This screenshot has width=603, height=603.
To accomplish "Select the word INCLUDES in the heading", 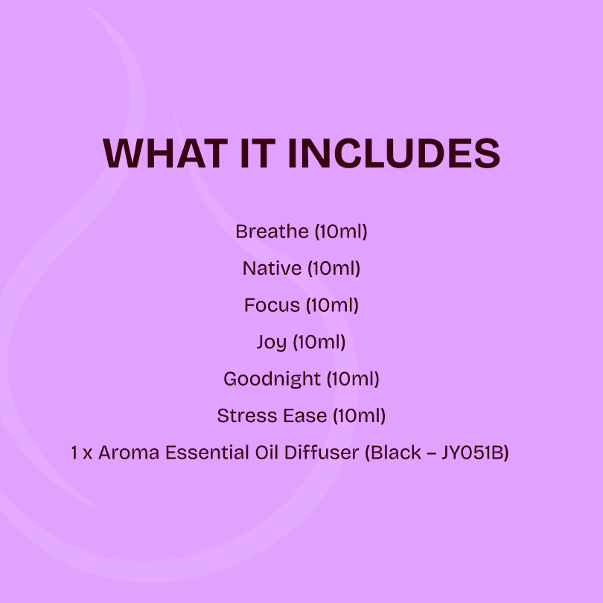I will pos(394,153).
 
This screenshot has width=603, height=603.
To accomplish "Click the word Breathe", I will pos(272,232).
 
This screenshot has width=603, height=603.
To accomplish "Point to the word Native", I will pos(272,268).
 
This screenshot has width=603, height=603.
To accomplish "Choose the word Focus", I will pos(272,305).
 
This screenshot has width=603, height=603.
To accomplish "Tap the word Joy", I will pos(271,342).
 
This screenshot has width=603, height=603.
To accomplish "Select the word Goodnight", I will pos(272,379).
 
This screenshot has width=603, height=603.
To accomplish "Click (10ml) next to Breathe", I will pos(341,232).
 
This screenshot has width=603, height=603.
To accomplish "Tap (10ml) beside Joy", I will pos(319,342).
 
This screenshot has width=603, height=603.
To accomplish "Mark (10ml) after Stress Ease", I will pos(359,415).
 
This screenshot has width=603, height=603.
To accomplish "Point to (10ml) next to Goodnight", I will pos(353,379).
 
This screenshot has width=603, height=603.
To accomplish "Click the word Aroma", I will pos(124,453).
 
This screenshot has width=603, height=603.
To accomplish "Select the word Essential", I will pos(199,453).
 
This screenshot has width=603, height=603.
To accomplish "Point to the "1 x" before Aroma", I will pos(81,453).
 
